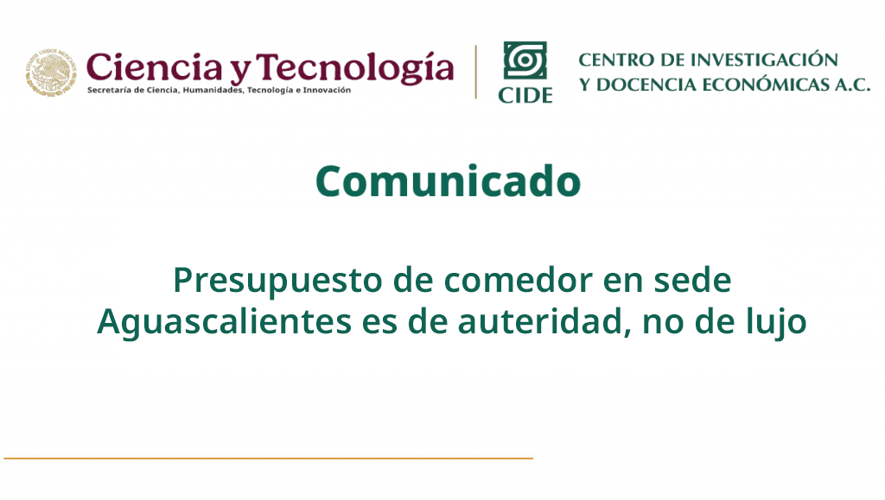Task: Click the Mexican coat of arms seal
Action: pos(51,72)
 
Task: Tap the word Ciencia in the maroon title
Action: pos(154,67)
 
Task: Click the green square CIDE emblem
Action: pos(525,60)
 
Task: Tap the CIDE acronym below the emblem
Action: pos(525,95)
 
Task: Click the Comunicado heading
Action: pos(449,181)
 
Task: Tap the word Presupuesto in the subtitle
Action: pos(277,282)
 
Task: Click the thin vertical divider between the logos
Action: pos(476,73)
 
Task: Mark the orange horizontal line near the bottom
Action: pos(268,459)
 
